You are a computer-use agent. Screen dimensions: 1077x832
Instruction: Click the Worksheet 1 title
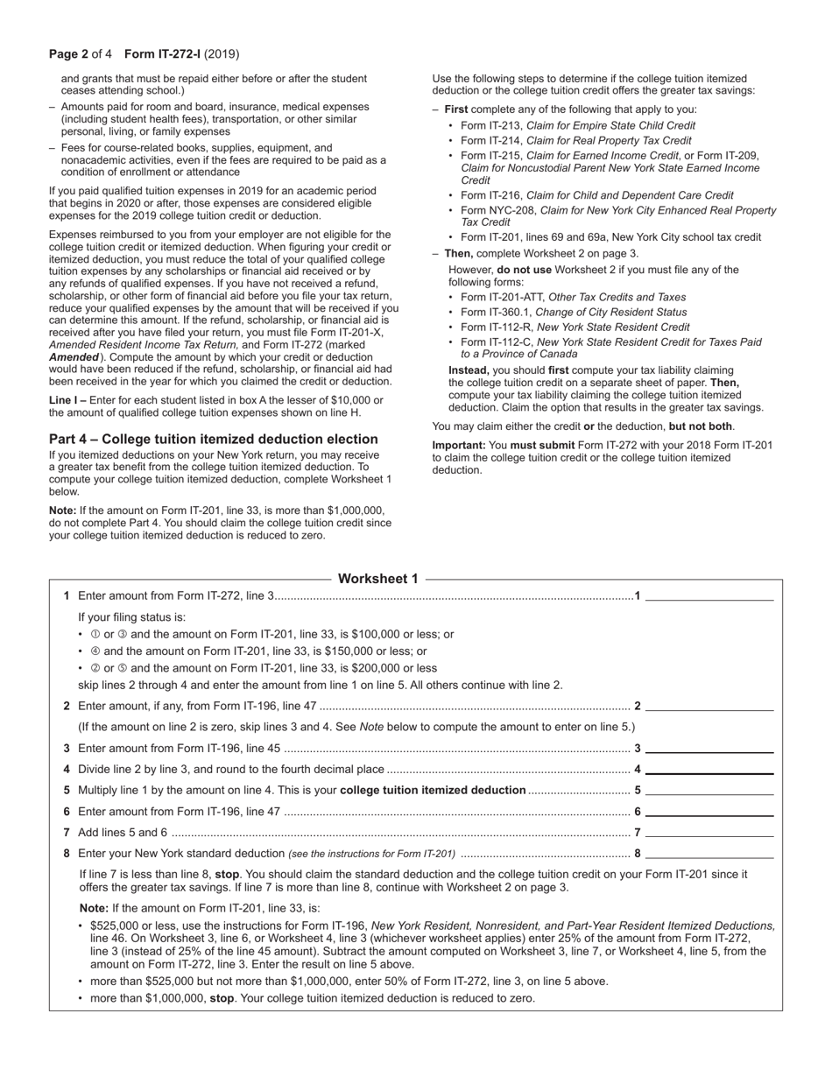tap(377, 579)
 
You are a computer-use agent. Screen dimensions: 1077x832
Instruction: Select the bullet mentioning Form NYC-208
tap(617, 216)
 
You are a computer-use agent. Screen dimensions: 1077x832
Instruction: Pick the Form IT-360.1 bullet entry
tap(574, 312)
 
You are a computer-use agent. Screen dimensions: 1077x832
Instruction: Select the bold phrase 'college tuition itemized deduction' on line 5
tap(433, 791)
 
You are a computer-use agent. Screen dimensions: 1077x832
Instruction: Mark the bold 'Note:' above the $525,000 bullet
tap(94, 909)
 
